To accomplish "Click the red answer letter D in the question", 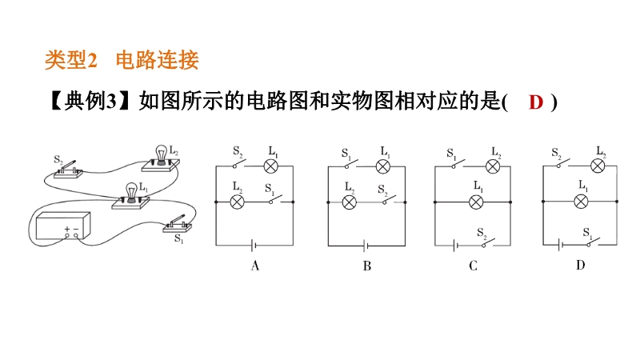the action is pos(536,102).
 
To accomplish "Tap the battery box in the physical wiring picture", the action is pos(63,226).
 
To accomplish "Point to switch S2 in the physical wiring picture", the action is pos(68,170).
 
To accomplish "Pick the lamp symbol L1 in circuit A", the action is pos(271,166).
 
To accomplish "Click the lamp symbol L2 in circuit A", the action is pos(237,202).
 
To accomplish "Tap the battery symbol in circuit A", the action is pos(254,246).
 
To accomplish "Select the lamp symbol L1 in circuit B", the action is pos(383,166).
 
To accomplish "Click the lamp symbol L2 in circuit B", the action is pos(349,202).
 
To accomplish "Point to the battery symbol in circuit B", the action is pos(366,246).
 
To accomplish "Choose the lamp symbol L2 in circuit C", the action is pos(493,166).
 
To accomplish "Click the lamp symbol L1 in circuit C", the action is pos(476,202).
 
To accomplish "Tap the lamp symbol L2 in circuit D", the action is pos(598,166).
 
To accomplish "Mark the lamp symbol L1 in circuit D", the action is pos(582,202).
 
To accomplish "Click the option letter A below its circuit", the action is pos(255,266).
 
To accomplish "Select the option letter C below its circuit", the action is pos(473,266).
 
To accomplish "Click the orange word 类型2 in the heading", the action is pos(70,60).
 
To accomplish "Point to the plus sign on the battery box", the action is pos(67,230).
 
